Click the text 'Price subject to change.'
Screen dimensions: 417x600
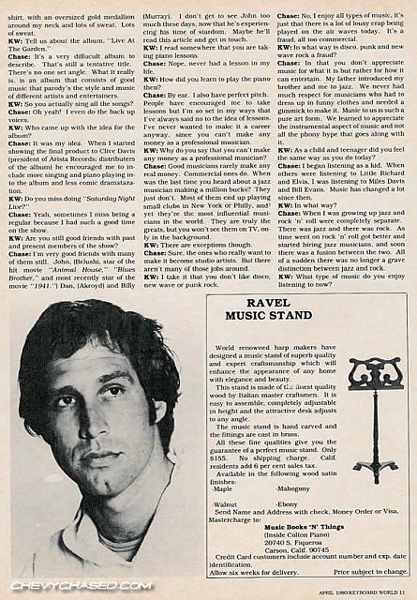point(370,571)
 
